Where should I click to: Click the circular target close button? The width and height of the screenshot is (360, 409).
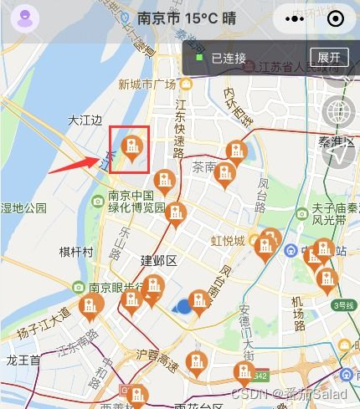335,18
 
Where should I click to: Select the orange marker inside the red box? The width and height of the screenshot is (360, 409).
131,148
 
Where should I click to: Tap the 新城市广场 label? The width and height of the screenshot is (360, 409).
147,84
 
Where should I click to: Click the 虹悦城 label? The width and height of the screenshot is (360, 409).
227,241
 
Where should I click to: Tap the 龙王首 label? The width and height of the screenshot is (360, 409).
23,360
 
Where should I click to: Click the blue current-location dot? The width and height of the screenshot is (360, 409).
184,308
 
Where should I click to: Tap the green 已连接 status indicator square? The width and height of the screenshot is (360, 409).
199,59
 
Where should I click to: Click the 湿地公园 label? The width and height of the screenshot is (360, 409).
23,207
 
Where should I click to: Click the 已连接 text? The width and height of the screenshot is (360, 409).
228,59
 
